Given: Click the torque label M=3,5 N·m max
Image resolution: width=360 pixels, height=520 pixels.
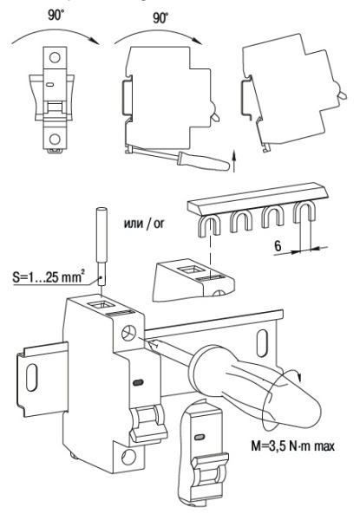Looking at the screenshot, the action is click(292, 445).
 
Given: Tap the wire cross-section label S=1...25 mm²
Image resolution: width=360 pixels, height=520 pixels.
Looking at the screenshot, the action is click(49, 276).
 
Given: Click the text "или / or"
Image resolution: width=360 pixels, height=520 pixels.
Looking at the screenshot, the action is click(144, 224).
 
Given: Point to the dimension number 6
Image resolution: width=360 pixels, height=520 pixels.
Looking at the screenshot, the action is click(278, 246).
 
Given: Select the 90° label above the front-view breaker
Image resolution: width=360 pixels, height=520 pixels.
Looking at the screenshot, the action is click(55, 15).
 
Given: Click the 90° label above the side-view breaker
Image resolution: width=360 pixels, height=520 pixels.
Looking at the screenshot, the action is click(160, 17).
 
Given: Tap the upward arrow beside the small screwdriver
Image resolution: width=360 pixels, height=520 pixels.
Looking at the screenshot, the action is click(234, 161).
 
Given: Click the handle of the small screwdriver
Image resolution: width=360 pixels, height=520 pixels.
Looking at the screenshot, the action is click(204, 160).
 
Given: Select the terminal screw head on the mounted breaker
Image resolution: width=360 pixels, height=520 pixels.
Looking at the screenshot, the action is click(128, 333).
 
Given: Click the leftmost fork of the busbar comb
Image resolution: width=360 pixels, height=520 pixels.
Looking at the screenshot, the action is click(209, 225).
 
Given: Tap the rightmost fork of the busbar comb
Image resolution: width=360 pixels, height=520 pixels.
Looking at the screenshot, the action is click(304, 212).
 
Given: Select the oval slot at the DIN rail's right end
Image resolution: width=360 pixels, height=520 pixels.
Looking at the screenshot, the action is click(262, 342).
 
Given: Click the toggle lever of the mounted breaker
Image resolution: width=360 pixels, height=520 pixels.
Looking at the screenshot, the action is click(147, 424).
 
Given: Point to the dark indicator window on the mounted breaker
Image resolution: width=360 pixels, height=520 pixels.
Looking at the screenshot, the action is click(138, 382).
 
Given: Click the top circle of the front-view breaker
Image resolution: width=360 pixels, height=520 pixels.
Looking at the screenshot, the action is click(55, 57).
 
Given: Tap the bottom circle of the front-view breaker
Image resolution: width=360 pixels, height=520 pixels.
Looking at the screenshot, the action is click(55, 139).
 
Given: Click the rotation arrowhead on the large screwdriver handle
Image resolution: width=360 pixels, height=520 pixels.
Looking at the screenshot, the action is click(299, 377).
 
